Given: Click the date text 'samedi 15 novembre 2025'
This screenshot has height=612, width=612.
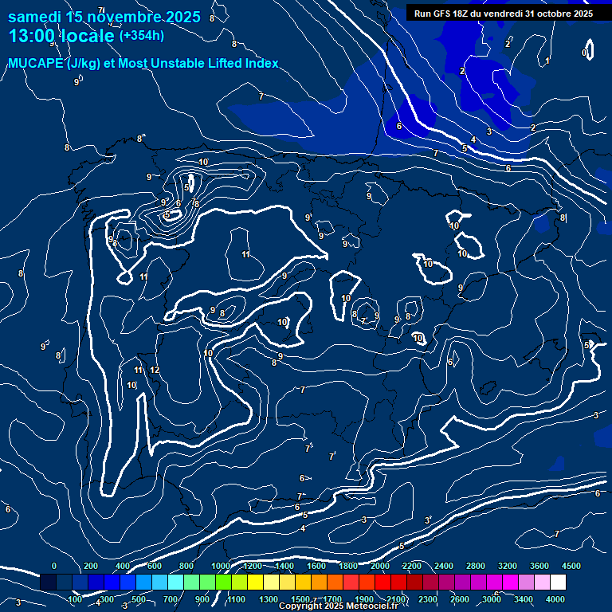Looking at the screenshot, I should coord(104,18).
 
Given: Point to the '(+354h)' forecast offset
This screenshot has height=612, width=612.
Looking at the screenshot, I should coord(142,36).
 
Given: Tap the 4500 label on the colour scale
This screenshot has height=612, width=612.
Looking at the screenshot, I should coord(571,566).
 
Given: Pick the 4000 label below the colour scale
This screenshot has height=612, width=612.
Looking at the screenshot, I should coord(555,599).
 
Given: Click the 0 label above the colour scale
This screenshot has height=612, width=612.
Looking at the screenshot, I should coord(54,566).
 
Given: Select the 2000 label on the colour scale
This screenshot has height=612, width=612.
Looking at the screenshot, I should coord(379,566).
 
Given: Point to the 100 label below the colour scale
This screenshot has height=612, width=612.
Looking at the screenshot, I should coord(76,599).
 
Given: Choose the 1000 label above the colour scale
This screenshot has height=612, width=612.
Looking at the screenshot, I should coord(221,566).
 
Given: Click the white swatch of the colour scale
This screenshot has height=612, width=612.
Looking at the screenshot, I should coord(558,583).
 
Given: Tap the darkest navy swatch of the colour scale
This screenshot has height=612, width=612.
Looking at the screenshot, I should coord(48,583).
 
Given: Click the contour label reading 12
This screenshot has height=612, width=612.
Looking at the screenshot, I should coord(155,371).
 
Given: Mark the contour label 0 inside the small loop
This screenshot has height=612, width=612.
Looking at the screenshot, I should coord(585,53).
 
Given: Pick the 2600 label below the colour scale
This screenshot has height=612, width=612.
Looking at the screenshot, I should coord(460,599).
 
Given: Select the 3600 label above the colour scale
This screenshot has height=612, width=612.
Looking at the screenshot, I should coord(539,566).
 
